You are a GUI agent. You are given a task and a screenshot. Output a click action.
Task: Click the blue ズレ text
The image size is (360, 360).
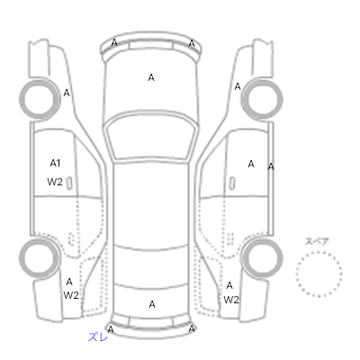coord(98,337)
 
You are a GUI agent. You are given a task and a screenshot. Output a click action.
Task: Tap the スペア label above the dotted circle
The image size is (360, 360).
coord(317,241)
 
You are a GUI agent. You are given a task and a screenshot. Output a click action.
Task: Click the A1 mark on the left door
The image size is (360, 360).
coord(55,163)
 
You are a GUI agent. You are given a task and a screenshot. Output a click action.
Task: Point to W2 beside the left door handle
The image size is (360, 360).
coord(55,182)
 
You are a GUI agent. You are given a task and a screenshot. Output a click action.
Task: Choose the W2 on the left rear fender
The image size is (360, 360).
coord(71,295)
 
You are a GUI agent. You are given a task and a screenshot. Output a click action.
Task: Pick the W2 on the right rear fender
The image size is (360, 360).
coord(231,300)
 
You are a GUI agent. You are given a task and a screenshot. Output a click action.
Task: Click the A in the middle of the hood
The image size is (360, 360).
coord(151,77)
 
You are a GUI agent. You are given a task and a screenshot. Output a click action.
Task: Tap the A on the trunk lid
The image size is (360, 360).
coord(152,304)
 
